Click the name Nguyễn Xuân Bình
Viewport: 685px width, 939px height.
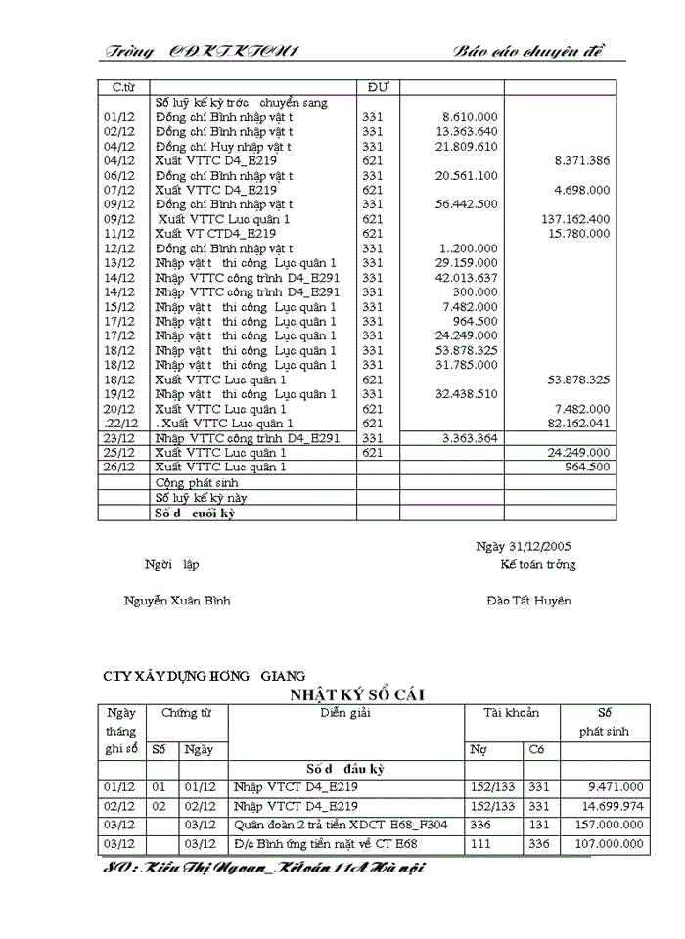click(177, 601)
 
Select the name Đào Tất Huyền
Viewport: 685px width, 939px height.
click(528, 601)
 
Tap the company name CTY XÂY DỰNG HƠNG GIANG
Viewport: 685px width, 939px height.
click(204, 676)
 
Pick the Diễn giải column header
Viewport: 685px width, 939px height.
click(345, 713)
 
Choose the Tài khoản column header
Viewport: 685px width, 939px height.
click(511, 713)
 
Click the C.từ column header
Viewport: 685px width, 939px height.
click(122, 87)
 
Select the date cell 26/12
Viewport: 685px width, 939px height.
click(118, 467)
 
